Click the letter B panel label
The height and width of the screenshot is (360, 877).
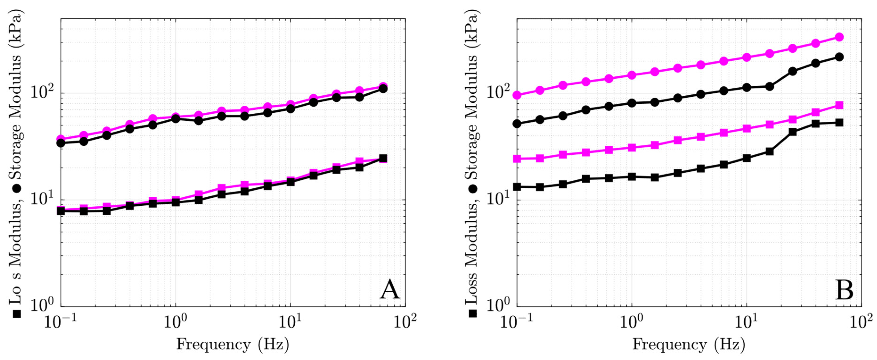tap(845, 290)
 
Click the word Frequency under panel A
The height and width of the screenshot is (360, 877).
tap(213, 344)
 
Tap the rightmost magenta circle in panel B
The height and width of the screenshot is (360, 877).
tap(840, 37)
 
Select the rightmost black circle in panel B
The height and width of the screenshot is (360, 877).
tap(840, 57)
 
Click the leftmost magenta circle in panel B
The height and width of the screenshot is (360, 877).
tap(517, 95)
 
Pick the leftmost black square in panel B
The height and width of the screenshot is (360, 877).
tap(517, 187)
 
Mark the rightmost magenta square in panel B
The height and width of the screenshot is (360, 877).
tap(840, 105)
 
